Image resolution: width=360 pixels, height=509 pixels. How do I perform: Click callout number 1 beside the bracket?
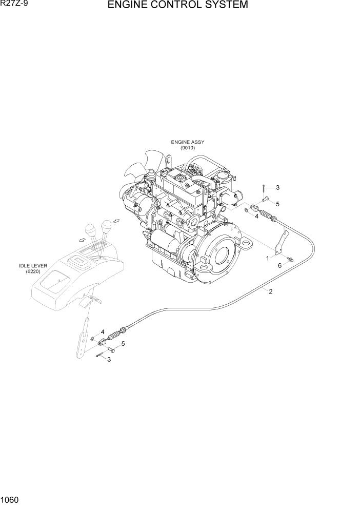[x=267, y=258]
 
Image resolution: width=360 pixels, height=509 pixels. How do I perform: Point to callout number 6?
[x=279, y=265]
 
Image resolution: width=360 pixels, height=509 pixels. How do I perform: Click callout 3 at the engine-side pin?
[x=277, y=187]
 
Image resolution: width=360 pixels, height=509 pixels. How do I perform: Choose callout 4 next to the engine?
[x=256, y=216]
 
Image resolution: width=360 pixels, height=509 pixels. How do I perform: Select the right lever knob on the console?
[x=107, y=225]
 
